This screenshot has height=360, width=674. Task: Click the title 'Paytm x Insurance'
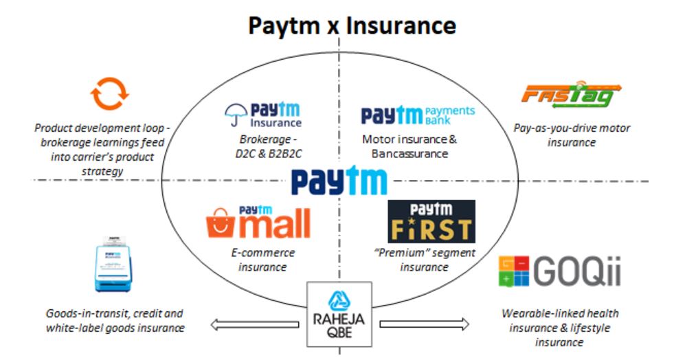tap(351, 26)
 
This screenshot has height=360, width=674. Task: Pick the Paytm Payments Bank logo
tap(418, 115)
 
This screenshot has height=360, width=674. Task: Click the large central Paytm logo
tap(339, 181)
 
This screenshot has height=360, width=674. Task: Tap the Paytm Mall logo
tap(258, 222)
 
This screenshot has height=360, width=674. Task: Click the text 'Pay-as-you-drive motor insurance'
tap(572, 135)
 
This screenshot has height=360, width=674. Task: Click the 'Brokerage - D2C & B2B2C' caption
tap(264, 146)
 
